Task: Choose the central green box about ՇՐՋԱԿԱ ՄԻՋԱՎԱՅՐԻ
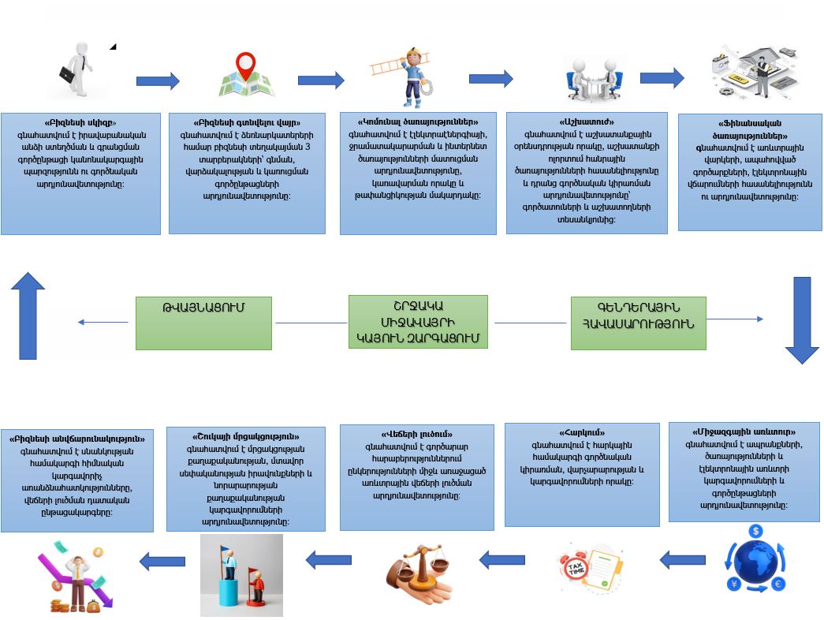pos(418,322)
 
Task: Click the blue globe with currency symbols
pos(755,562)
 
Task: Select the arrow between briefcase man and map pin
pos(158,80)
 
